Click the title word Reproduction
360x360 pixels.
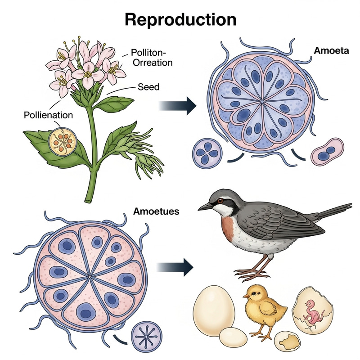click(x=180, y=20)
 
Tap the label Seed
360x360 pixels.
click(x=148, y=86)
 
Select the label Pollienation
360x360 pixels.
click(x=48, y=115)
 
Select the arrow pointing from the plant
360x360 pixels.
click(x=178, y=106)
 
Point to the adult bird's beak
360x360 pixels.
click(x=205, y=207)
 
